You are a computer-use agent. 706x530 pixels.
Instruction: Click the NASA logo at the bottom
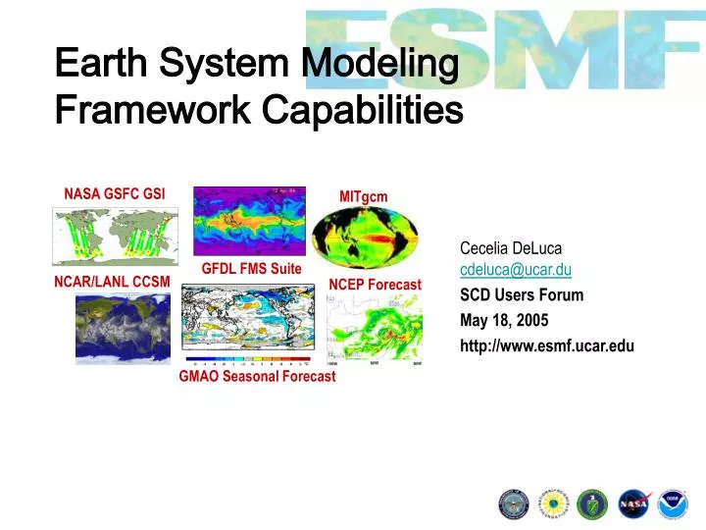click(x=632, y=503)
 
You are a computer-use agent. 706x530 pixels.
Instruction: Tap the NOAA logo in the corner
click(x=673, y=503)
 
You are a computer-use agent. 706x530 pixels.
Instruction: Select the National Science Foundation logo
click(x=553, y=503)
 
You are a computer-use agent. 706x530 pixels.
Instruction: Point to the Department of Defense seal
click(x=514, y=503)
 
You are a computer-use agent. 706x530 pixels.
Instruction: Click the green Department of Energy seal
click(x=592, y=503)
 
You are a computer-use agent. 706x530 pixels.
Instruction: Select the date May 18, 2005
click(x=504, y=320)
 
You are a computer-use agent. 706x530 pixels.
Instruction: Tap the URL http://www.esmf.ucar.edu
click(x=546, y=345)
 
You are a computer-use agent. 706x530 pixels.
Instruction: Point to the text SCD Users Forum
click(x=521, y=294)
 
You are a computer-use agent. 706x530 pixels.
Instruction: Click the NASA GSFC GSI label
click(x=115, y=193)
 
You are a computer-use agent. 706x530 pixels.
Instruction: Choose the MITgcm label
click(x=363, y=196)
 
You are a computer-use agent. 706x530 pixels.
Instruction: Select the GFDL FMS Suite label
click(x=251, y=268)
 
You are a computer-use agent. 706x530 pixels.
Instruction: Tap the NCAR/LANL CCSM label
click(x=111, y=282)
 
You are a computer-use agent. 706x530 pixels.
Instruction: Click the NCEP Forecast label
click(x=375, y=285)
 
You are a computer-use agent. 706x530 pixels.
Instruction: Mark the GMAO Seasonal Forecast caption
click(x=257, y=376)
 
